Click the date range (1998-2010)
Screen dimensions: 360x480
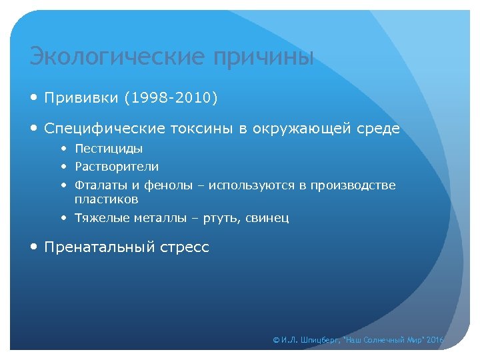tap(171, 98)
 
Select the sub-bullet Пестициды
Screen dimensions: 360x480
tap(109, 149)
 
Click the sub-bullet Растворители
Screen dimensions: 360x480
tap(117, 167)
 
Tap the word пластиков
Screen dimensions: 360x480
tap(107, 199)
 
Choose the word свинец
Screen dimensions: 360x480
tap(268, 218)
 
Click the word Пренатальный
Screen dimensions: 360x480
tap(100, 247)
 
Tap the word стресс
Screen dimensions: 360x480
tap(185, 247)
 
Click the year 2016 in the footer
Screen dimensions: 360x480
tap(435, 340)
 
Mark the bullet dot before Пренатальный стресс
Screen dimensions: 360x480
tap(35, 247)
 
